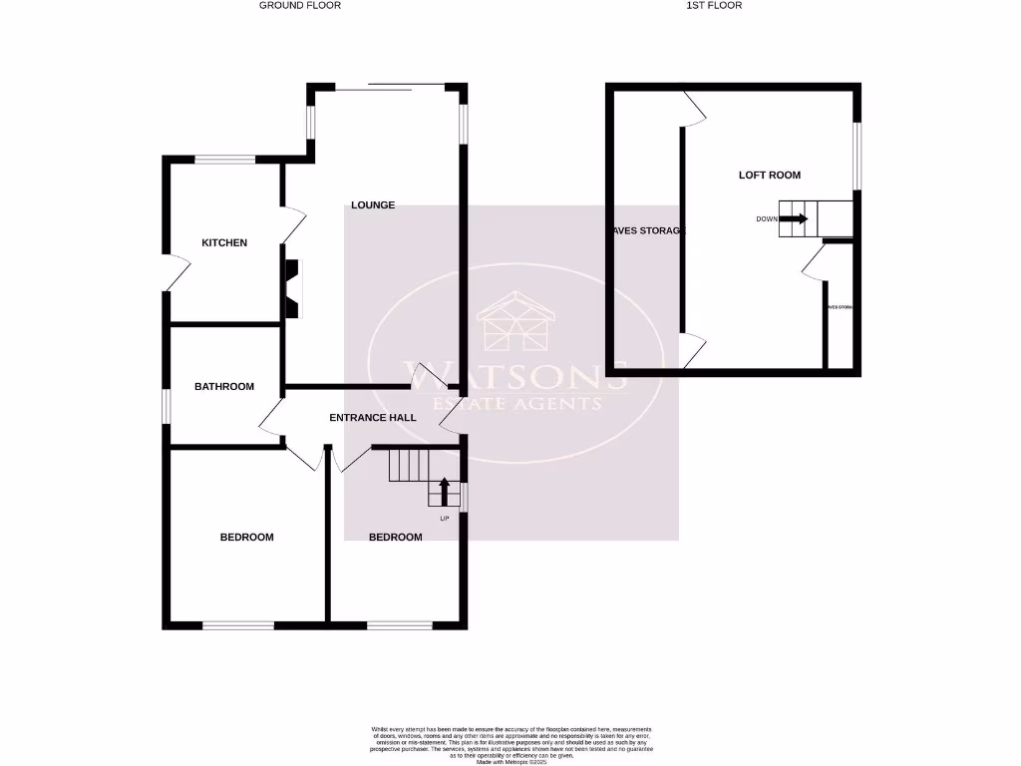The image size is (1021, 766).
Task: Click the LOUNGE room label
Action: tap(373, 205)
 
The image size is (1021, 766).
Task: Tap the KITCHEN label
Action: tap(224, 243)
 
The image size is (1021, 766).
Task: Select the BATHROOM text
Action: tap(224, 387)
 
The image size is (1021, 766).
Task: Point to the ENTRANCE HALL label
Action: tap(373, 418)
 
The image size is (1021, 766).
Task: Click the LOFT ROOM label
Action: tap(769, 176)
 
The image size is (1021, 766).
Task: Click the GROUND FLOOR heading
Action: tap(300, 6)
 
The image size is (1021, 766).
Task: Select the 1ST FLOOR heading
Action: tap(714, 6)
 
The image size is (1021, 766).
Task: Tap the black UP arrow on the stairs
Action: tap(444, 492)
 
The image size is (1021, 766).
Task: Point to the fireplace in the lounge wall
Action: tap(292, 288)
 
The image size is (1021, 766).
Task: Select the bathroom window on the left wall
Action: tap(167, 408)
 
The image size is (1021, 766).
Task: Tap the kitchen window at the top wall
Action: tap(224, 158)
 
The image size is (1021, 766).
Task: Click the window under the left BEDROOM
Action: tap(238, 625)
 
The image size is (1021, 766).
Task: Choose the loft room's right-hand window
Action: tap(857, 155)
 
